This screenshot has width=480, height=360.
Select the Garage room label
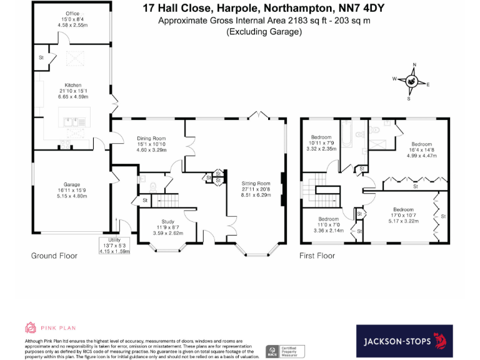tap(72, 190)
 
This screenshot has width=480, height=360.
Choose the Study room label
tap(167, 227)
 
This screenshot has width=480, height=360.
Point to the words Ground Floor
tap(54, 256)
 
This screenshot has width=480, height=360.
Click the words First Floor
tap(317, 256)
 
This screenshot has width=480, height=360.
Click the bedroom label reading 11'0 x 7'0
tap(328, 224)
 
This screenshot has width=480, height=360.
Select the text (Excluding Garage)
tap(264, 31)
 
